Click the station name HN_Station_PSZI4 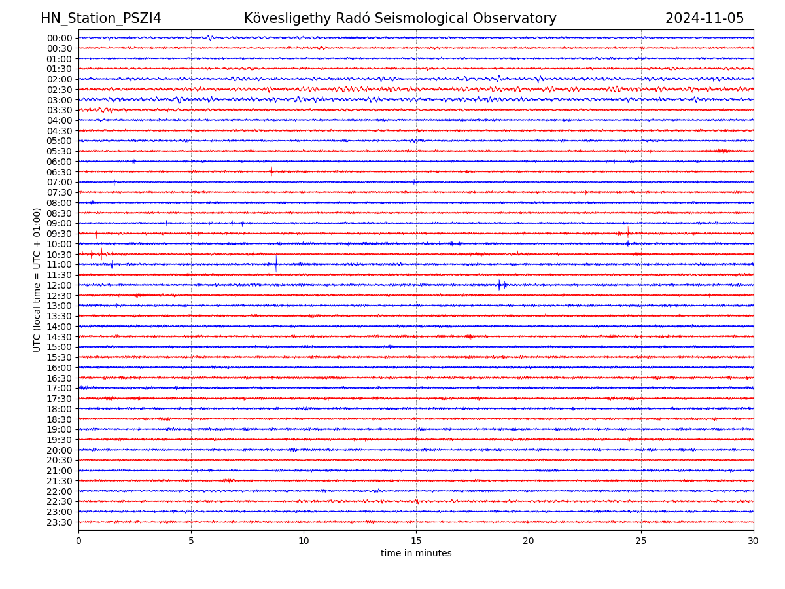101,19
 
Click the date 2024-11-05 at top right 705,19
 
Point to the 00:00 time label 60,38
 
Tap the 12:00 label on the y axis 60,285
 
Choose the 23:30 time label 60,522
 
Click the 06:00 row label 60,162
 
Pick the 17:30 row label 60,399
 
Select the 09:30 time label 60,234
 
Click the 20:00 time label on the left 60,450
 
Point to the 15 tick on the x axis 416,541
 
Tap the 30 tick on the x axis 754,541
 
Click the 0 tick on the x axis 78,541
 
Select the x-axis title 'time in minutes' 416,554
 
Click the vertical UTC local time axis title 37,280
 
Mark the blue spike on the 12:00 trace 499,285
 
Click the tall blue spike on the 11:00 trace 275,263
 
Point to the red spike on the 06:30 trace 271,171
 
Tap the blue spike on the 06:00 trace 133,161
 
